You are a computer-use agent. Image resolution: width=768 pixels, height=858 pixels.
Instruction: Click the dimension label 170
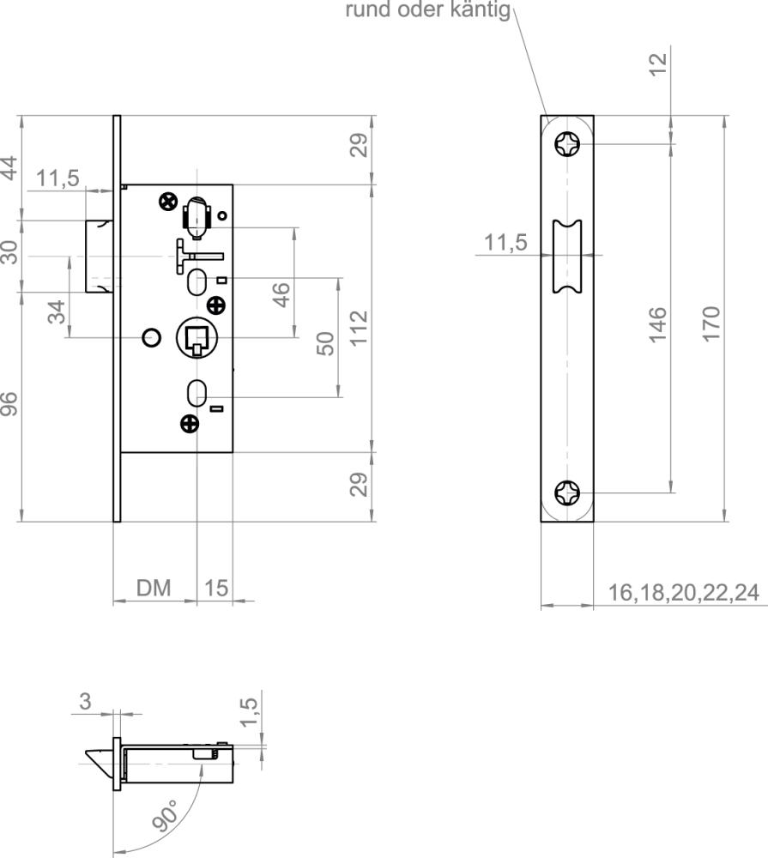[x=711, y=324]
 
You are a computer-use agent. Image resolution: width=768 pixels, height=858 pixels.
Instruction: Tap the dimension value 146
[x=657, y=324]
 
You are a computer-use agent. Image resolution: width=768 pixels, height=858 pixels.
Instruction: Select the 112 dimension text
[x=359, y=328]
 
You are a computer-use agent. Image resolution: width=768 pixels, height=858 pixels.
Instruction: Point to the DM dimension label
[x=154, y=589]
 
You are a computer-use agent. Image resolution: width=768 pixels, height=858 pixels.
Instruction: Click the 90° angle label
[x=166, y=815]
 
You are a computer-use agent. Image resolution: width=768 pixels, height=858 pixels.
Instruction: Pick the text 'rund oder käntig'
[x=428, y=10]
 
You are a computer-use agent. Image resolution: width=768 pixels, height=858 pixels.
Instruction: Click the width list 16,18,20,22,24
[x=684, y=593]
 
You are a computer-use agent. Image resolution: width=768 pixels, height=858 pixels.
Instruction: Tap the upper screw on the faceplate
[x=567, y=144]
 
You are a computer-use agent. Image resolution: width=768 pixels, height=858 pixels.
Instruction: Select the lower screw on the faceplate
[x=567, y=493]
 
